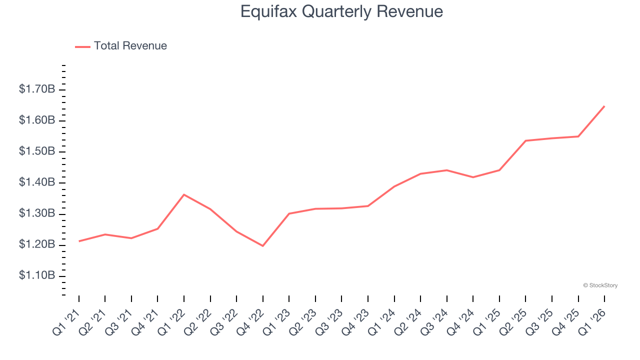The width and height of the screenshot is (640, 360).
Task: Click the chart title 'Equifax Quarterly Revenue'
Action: click(x=341, y=11)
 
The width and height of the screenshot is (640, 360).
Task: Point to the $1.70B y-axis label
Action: click(x=37, y=89)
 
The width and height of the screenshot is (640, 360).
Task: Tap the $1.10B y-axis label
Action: click(x=37, y=276)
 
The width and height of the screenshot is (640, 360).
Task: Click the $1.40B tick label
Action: click(x=37, y=182)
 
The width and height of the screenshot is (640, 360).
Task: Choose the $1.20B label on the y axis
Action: click(x=37, y=245)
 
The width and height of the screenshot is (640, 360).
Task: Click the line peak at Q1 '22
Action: click(x=184, y=194)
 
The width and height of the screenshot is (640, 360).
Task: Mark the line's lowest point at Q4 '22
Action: click(x=263, y=246)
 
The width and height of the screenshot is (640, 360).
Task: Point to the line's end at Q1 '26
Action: click(x=604, y=106)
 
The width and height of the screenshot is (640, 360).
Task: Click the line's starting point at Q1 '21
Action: click(x=79, y=241)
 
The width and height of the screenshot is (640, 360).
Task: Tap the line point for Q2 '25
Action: click(x=525, y=140)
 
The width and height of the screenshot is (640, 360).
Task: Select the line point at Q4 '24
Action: click(x=473, y=177)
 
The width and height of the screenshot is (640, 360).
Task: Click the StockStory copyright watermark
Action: click(x=600, y=285)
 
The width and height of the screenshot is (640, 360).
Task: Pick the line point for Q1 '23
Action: click(x=289, y=213)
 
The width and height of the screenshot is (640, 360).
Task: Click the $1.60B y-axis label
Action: click(x=37, y=120)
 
